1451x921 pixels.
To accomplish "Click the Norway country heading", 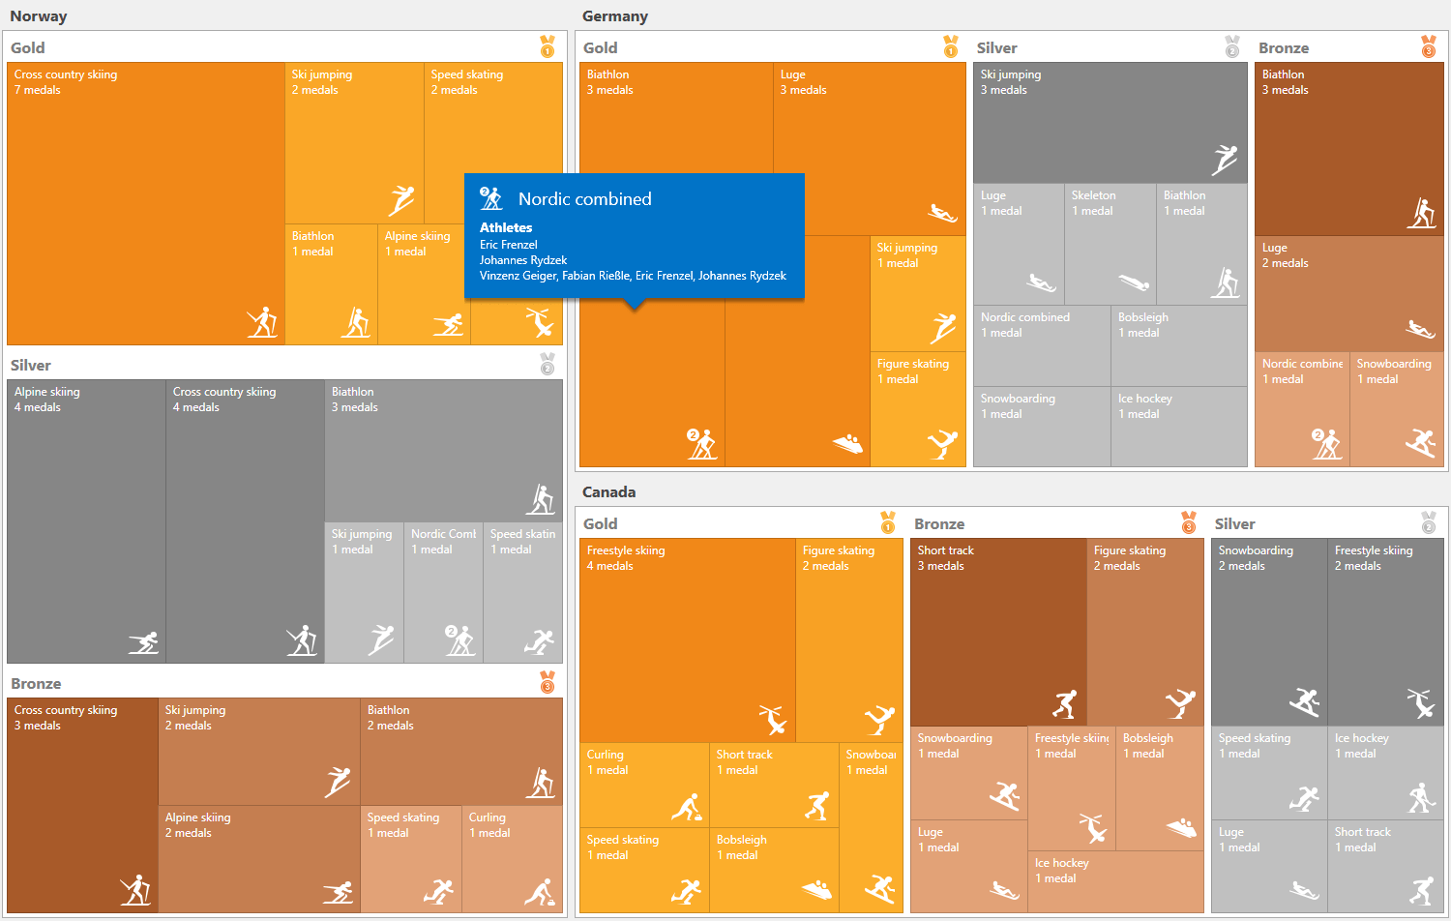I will (x=39, y=16).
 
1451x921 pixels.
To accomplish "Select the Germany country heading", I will (x=614, y=16).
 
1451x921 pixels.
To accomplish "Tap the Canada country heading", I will (x=608, y=492).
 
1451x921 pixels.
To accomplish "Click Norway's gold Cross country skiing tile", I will (x=145, y=203).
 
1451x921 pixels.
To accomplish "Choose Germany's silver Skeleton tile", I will (x=1110, y=244).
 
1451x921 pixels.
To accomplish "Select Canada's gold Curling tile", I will (x=643, y=785).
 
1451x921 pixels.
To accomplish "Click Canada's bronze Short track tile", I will (x=998, y=631).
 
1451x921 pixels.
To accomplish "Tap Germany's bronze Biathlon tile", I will (x=1348, y=149).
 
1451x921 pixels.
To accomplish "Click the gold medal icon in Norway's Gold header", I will (x=548, y=46).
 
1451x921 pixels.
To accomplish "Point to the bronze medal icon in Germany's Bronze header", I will (x=1429, y=46).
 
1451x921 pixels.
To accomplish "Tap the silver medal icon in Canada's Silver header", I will (x=1429, y=522).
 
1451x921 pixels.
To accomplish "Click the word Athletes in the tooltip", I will (x=506, y=227).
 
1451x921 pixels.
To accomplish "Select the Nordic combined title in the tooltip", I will (x=584, y=199).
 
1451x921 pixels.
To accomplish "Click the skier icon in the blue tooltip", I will (x=491, y=198).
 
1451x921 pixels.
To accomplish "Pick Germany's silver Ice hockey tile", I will (x=1178, y=426).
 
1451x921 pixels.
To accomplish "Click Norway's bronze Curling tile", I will (x=512, y=859).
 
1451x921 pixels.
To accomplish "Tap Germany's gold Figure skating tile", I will (x=917, y=408).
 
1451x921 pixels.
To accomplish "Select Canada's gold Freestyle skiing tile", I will (x=687, y=639).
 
